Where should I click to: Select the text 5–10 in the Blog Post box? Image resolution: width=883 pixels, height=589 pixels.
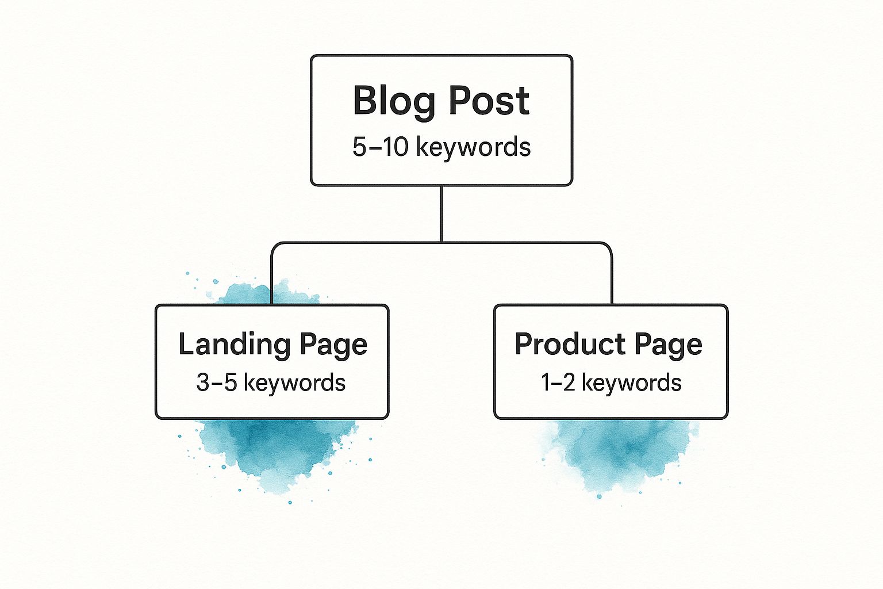[380, 147]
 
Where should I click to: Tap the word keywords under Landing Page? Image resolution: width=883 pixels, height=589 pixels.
[294, 383]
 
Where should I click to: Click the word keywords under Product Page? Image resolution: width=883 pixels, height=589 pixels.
[632, 383]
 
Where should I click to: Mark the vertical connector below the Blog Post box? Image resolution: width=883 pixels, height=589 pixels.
[441, 214]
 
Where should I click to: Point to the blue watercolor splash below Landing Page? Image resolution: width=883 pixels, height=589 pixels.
[274, 454]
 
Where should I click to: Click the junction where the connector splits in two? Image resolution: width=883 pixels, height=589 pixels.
[441, 242]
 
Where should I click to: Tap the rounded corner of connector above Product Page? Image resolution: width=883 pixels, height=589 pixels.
[608, 247]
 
